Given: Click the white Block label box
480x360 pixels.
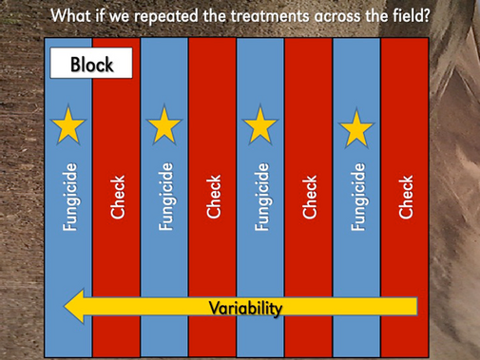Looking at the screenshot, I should pos(92,65).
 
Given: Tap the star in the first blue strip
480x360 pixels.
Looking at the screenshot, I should pos(68,125).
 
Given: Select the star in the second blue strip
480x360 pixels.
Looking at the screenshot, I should pos(164,124).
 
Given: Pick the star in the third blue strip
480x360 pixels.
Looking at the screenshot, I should pos(260,125).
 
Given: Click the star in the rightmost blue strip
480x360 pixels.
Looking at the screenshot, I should pos(356,127).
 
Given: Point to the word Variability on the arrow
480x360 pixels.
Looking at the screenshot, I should pos(245,307).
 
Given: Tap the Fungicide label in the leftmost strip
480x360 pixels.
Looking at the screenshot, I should pos(69,196).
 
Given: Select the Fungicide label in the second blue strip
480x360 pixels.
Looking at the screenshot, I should pos(165,196).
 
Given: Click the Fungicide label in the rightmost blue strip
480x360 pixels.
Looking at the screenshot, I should pos(357,196).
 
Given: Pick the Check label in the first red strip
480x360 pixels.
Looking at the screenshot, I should pos(117,196).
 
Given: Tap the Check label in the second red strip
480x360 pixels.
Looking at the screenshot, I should pos(213,196).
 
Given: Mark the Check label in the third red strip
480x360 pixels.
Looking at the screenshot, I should pos(310,196).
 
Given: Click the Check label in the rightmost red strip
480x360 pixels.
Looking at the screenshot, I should pos(406,196).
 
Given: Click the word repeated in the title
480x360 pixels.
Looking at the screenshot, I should pos(169,16).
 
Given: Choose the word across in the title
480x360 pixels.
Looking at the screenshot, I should pos(339,16).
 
